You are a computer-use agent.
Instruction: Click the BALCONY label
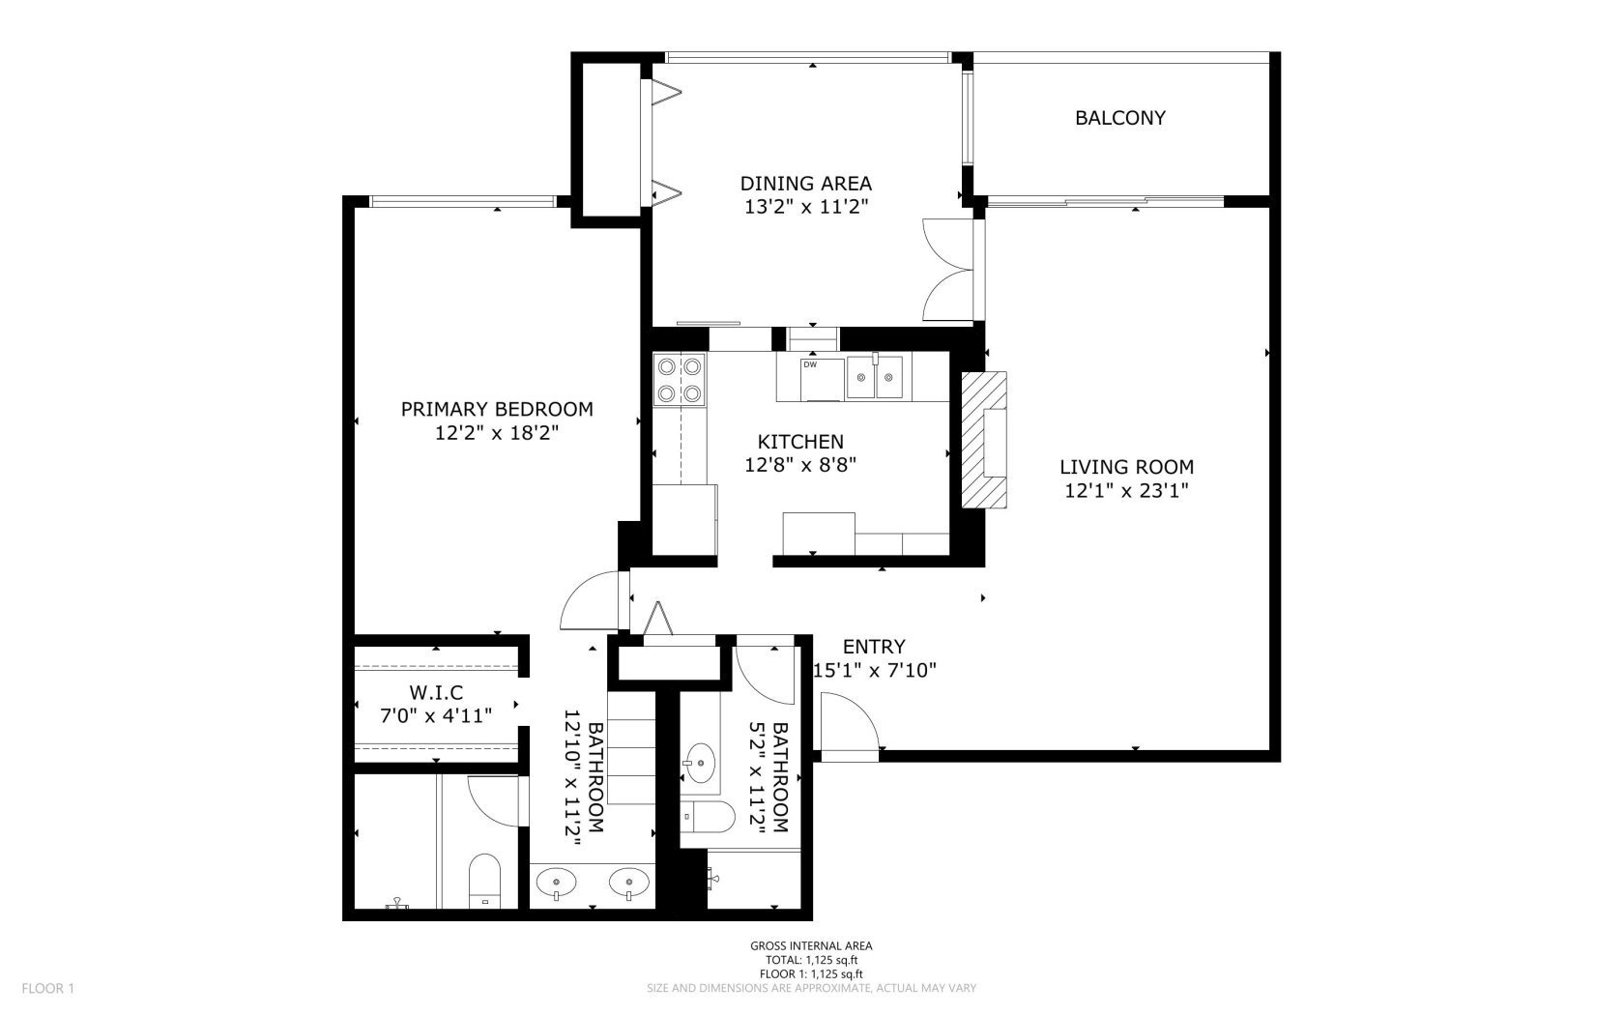tap(1119, 118)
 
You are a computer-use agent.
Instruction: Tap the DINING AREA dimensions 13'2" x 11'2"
tap(805, 206)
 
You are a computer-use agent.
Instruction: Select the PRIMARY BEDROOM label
tap(497, 409)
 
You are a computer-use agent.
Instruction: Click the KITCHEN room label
tap(800, 442)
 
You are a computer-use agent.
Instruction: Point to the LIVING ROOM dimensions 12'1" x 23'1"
tap(1125, 490)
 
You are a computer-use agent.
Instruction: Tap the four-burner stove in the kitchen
tap(679, 380)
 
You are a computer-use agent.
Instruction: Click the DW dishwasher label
tap(810, 364)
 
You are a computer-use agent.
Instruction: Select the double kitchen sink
tap(875, 377)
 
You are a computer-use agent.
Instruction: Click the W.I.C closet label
tap(435, 693)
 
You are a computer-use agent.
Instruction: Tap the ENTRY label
tap(873, 647)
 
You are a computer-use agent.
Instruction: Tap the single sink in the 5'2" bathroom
tap(702, 763)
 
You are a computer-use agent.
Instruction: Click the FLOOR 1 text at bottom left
tap(48, 988)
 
